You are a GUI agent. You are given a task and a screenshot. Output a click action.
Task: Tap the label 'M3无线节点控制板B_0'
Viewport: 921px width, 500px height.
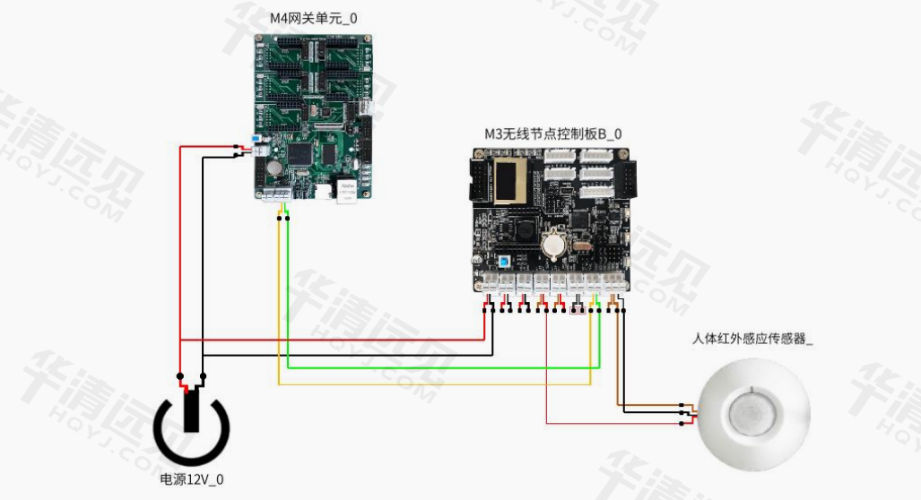click(x=552, y=134)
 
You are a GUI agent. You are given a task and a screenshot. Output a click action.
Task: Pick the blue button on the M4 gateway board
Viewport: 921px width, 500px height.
click(x=258, y=141)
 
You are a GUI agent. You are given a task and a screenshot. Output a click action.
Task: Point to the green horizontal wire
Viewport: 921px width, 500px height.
click(x=439, y=367)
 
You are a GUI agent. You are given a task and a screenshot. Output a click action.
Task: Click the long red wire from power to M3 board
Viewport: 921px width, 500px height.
click(x=332, y=340)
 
